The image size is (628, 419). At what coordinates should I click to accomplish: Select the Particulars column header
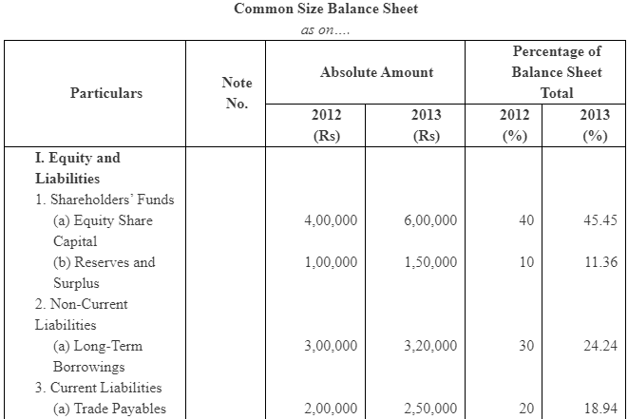coord(106,93)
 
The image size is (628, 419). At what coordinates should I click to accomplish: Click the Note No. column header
coord(237,93)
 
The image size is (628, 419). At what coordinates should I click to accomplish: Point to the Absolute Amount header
coord(376,72)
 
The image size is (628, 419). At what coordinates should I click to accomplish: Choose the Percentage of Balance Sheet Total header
coord(556,72)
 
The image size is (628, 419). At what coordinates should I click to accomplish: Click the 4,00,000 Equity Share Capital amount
coord(331,220)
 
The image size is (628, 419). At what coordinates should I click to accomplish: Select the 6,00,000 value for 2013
coord(429,220)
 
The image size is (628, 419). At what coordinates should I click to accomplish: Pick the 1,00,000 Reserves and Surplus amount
coord(331,262)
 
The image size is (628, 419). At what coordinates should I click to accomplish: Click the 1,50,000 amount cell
coord(429,262)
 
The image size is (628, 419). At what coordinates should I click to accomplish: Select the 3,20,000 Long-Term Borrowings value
coord(429,346)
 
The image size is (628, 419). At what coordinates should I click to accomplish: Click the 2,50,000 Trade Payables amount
coord(429,409)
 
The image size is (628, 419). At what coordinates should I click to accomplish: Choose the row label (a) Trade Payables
coord(108,409)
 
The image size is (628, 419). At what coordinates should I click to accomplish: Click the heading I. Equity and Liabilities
coord(78,168)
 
